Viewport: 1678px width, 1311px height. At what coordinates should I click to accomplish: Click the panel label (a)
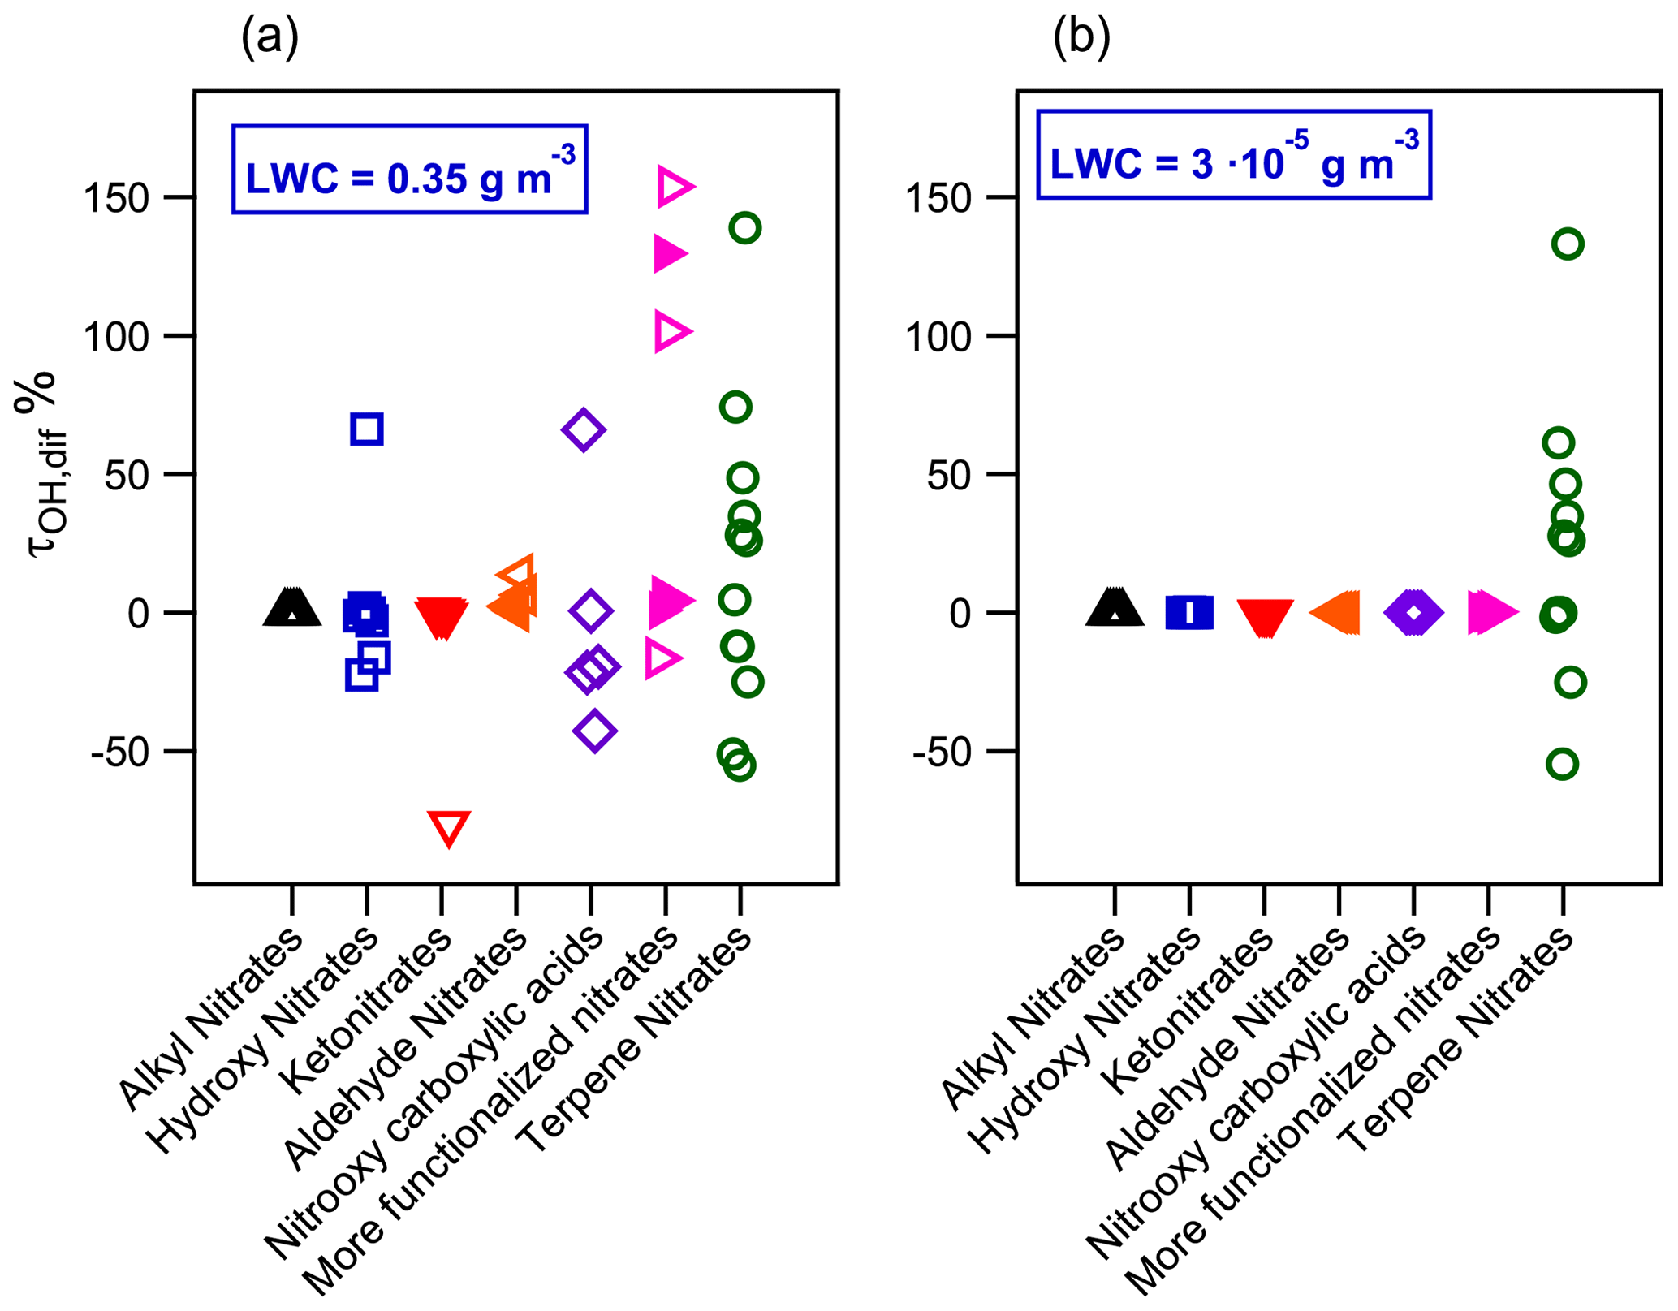[270, 37]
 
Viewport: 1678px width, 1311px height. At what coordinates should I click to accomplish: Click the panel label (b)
[1081, 37]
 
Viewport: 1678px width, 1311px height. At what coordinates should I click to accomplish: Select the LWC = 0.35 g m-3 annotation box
[409, 170]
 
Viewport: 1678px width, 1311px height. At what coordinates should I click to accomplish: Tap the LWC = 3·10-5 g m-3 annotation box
[1233, 155]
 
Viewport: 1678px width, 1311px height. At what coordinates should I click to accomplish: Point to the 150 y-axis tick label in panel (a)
[117, 198]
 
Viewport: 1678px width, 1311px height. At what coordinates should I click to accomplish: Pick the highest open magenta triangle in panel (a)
[674, 187]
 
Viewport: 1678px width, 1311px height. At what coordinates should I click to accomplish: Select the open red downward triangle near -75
[449, 827]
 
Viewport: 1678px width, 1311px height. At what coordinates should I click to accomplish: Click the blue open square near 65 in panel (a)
[367, 429]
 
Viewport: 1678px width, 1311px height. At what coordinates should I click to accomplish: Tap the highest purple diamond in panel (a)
[583, 429]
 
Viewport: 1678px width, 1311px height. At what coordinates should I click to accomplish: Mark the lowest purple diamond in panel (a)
[594, 731]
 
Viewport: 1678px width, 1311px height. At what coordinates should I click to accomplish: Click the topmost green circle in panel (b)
[1568, 244]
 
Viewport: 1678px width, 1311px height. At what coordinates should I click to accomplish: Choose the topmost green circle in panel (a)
[744, 228]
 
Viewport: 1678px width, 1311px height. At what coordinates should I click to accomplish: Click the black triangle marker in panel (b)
[1115, 609]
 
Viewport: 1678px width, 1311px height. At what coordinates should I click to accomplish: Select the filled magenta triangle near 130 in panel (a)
[670, 254]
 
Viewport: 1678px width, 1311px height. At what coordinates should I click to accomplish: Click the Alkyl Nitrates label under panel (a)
[211, 1019]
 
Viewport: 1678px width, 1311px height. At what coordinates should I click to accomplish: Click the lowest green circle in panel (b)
[1562, 764]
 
